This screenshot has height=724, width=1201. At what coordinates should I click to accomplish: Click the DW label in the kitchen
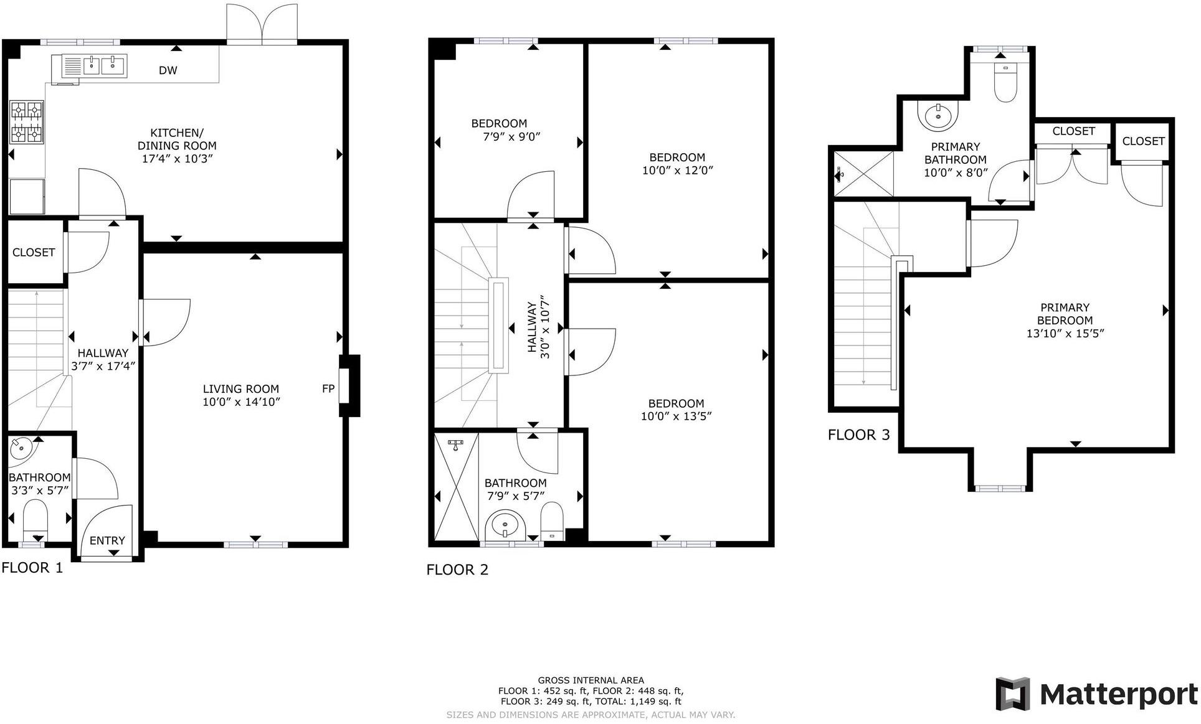coord(168,70)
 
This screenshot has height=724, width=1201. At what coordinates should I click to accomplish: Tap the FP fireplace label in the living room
coord(328,389)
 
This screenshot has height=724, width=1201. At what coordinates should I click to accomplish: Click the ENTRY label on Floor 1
coord(107,540)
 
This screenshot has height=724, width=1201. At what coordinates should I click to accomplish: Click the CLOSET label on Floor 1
coord(34,252)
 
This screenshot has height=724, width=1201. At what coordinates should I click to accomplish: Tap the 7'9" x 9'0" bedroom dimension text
coord(506,136)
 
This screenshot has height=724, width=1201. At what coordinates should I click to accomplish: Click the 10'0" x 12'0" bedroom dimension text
coord(677,170)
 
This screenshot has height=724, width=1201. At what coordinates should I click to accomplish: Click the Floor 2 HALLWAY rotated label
coord(532,327)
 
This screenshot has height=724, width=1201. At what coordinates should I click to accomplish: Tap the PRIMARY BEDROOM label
coord(1065,314)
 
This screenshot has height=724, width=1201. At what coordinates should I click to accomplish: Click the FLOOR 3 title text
coord(858,435)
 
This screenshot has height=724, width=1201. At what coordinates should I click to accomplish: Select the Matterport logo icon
coord(1013,693)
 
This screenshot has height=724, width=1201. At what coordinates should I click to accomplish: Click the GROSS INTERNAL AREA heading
coord(591,680)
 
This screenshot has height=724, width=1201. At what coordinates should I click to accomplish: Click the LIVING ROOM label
coord(240,389)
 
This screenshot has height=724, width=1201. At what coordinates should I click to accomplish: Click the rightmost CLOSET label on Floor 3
coord(1143,141)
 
